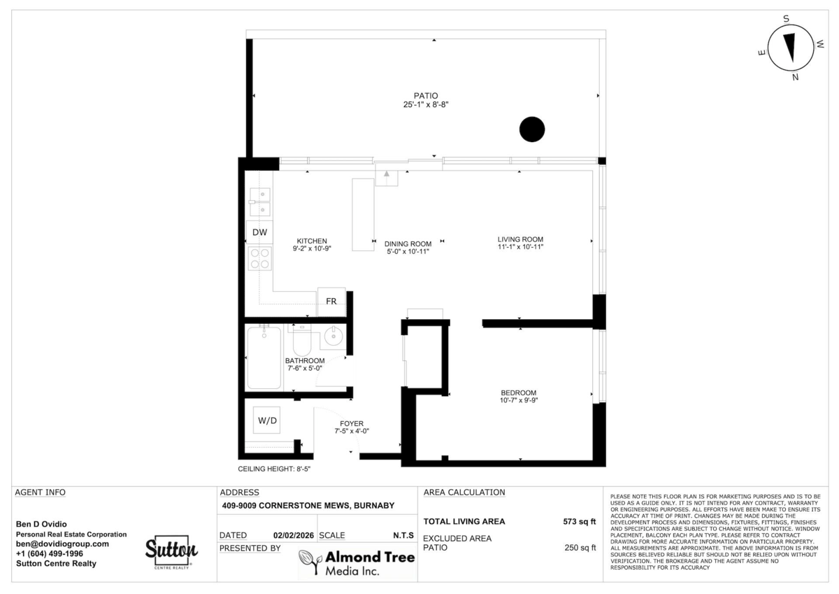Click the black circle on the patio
pyautogui.click(x=531, y=129)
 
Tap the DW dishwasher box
pyautogui.click(x=259, y=232)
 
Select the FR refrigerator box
pyautogui.click(x=331, y=301)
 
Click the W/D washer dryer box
pyautogui.click(x=267, y=420)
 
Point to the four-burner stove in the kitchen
pyautogui.click(x=261, y=259)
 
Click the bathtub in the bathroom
pyautogui.click(x=264, y=358)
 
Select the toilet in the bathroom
pyautogui.click(x=303, y=341)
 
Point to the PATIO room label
pyautogui.click(x=425, y=96)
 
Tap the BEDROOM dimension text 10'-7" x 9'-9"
pyautogui.click(x=518, y=401)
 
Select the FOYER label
pyautogui.click(x=352, y=423)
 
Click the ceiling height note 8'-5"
pyautogui.click(x=274, y=470)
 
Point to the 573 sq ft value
pyautogui.click(x=580, y=521)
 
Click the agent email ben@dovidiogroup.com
pyautogui.click(x=62, y=544)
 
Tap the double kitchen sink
pyautogui.click(x=261, y=201)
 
